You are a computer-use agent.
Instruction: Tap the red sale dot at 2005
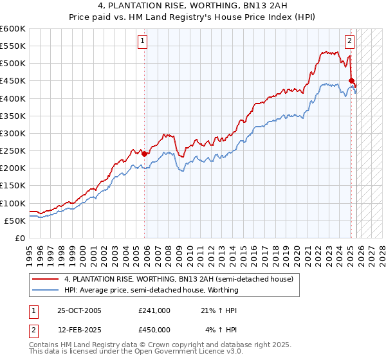pos(145,154)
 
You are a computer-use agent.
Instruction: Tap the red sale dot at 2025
pos(351,81)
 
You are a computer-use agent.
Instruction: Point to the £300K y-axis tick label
pos(14,133)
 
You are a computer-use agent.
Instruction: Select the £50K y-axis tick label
pos(15,221)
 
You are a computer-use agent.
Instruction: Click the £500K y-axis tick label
pos(14,64)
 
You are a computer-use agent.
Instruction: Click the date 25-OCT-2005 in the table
pos(78,310)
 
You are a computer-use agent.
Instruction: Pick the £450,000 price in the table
pos(154,330)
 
